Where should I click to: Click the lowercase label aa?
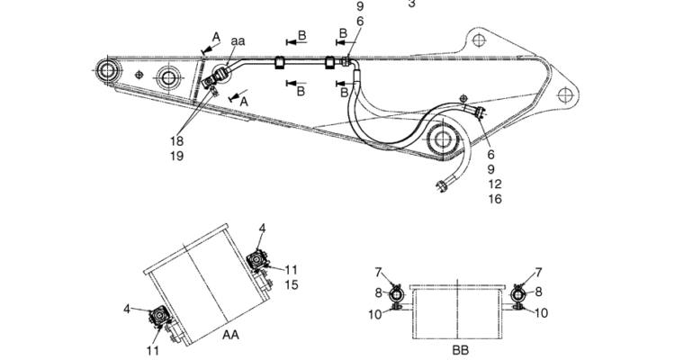coord(238,41)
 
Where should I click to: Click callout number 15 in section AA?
coord(291,284)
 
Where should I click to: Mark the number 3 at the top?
coord(411,4)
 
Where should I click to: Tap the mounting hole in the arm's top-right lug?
coord(477,40)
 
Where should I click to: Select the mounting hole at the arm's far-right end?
coord(564,93)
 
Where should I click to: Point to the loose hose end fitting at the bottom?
coord(442,185)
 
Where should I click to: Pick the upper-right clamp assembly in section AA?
coord(257,261)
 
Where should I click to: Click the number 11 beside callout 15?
coord(291,270)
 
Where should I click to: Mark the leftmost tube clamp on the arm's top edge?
coord(279,62)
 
